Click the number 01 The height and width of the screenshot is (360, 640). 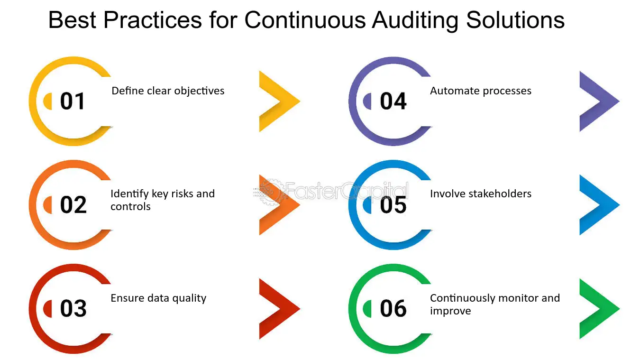pos(73,101)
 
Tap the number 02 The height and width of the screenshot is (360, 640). pos(73,205)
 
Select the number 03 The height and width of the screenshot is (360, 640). pos(73,308)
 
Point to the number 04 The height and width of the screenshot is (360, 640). pos(393,101)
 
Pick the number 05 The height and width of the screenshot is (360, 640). pos(393,205)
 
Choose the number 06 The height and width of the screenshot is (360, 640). pos(393,308)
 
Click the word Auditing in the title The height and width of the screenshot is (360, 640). pos(415,20)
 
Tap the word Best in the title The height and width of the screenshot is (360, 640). pos(72,20)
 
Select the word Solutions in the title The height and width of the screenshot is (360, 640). pos(515,20)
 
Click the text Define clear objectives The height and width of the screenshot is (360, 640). pos(168,91)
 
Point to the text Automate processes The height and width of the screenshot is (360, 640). pos(481,91)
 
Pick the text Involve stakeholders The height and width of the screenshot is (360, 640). pos(481,194)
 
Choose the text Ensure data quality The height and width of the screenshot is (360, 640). pos(158,298)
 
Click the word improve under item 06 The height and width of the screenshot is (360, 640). pos(450,311)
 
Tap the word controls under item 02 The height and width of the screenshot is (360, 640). pos(130,206)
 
